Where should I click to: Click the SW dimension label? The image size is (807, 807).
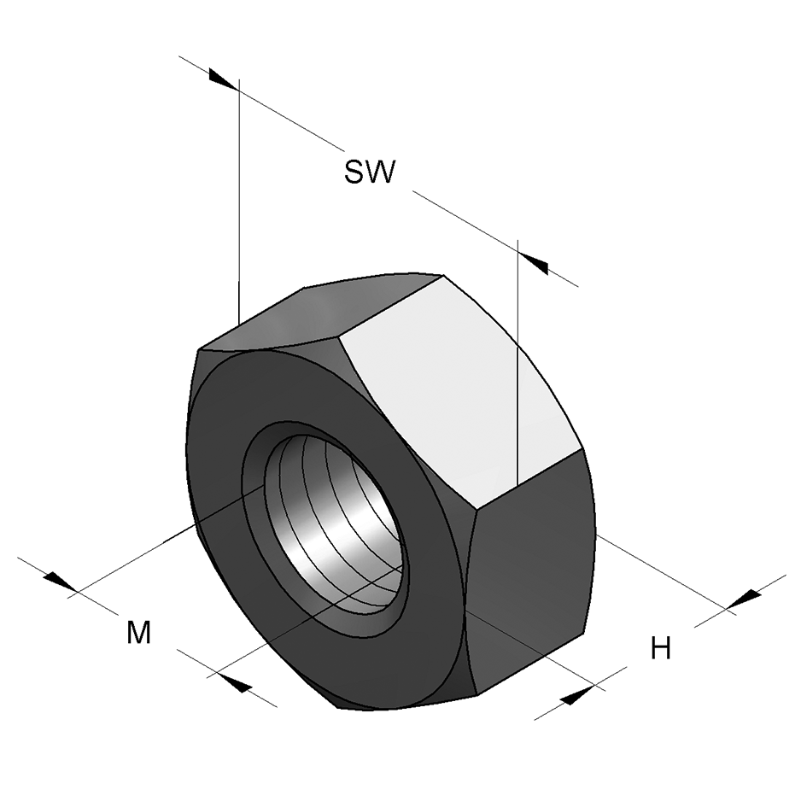(x=370, y=172)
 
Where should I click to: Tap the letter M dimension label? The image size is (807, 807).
(x=138, y=633)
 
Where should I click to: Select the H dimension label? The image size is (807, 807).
(x=660, y=649)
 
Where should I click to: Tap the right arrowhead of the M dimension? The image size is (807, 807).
(x=234, y=681)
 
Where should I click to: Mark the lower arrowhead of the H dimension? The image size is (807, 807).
(x=578, y=695)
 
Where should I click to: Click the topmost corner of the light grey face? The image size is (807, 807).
(x=444, y=275)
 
